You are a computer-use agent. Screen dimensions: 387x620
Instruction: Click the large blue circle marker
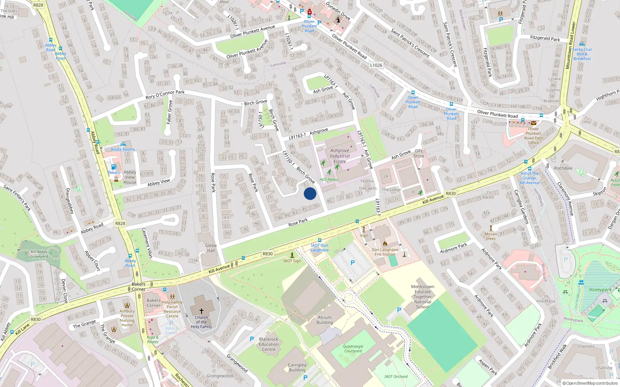coord(310,193)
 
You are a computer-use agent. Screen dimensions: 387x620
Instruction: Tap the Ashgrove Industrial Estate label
coord(340,156)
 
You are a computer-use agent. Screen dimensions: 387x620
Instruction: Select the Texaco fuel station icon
coord(114,167)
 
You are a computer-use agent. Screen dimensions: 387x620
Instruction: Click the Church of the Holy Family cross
coord(201,311)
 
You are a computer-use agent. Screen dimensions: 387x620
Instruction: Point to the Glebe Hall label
coord(211,248)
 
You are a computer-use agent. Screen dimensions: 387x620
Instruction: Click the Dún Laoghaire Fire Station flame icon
coord(385,244)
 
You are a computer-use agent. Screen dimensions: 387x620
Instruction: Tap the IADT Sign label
coord(292,261)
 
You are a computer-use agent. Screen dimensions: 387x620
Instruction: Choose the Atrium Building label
coord(325,320)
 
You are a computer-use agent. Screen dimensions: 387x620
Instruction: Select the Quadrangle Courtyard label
coord(353,349)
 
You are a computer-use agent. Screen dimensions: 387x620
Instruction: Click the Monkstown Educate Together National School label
coord(422,297)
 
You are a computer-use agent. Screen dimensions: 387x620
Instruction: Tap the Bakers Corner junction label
coord(138,286)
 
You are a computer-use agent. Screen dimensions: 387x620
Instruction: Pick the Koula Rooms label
coord(123,149)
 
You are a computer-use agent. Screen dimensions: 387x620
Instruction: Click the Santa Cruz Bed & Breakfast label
coord(582,54)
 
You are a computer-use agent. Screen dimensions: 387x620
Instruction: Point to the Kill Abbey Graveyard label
coord(39,254)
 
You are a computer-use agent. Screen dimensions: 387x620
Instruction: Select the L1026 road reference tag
coord(376,65)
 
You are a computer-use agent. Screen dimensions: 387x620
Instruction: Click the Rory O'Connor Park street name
coord(165,94)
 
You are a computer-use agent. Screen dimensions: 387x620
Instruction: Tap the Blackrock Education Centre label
coord(269,344)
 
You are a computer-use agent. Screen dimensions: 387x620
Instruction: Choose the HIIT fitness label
coord(329,180)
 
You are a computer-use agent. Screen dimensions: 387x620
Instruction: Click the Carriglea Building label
coord(297,367)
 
